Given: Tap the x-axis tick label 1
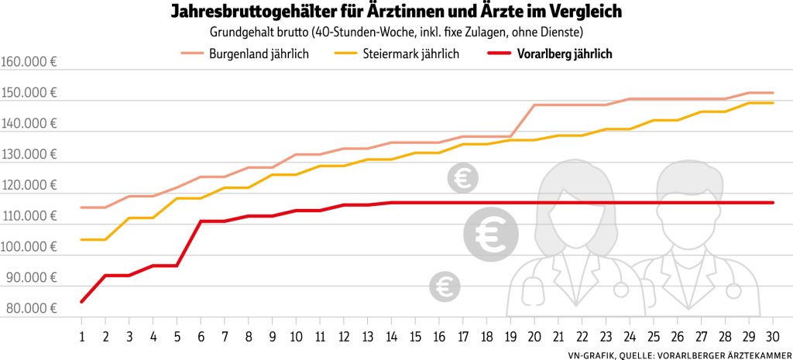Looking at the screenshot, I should tap(81, 338).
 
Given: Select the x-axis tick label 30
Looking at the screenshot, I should tap(772, 338).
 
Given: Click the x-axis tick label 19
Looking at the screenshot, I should tap(510, 338).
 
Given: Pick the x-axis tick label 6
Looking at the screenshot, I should tap(201, 338).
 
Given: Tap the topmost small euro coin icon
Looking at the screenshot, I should tap(463, 179).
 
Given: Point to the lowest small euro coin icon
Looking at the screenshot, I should tap(445, 286).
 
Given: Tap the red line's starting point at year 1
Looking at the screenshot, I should tap(81, 301).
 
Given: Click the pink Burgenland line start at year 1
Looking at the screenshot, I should tap(81, 207).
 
